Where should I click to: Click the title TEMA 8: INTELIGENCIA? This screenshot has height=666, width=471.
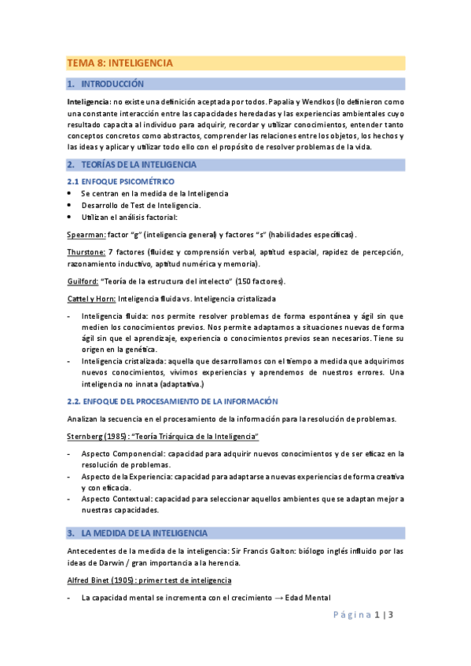tap(120, 63)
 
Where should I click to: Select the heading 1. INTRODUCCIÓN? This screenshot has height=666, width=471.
tap(111, 83)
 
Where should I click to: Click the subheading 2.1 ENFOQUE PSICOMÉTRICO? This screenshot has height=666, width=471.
tap(120, 181)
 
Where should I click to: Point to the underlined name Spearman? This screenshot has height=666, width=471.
tap(86, 234)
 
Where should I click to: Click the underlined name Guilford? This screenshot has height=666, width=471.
tap(83, 281)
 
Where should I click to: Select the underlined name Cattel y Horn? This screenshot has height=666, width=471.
tap(91, 298)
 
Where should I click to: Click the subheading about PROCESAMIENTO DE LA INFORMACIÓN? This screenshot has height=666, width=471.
tap(173, 401)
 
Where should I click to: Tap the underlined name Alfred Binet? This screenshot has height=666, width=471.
tap(91, 580)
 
